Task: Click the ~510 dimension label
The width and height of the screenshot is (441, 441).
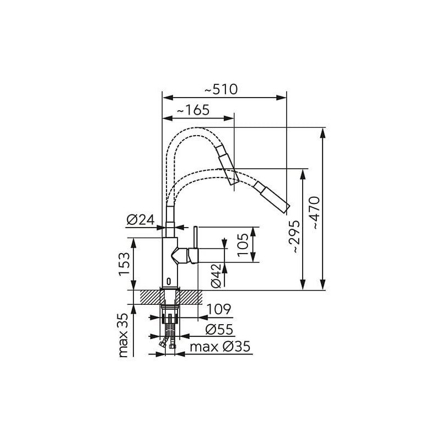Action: click(x=221, y=89)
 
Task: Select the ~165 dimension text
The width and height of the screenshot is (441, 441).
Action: click(x=193, y=110)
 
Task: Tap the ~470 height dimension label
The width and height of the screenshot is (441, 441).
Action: click(x=316, y=213)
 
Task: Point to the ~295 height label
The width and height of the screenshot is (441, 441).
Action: click(x=295, y=237)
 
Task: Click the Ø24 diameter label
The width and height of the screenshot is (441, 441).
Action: click(x=141, y=219)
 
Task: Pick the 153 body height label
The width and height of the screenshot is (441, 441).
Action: click(x=123, y=264)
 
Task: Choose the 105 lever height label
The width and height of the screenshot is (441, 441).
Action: click(x=243, y=245)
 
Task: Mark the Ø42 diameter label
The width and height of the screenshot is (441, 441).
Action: click(x=216, y=276)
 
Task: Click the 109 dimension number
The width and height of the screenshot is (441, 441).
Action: click(x=219, y=309)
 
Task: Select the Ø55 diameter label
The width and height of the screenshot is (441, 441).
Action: click(x=219, y=329)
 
